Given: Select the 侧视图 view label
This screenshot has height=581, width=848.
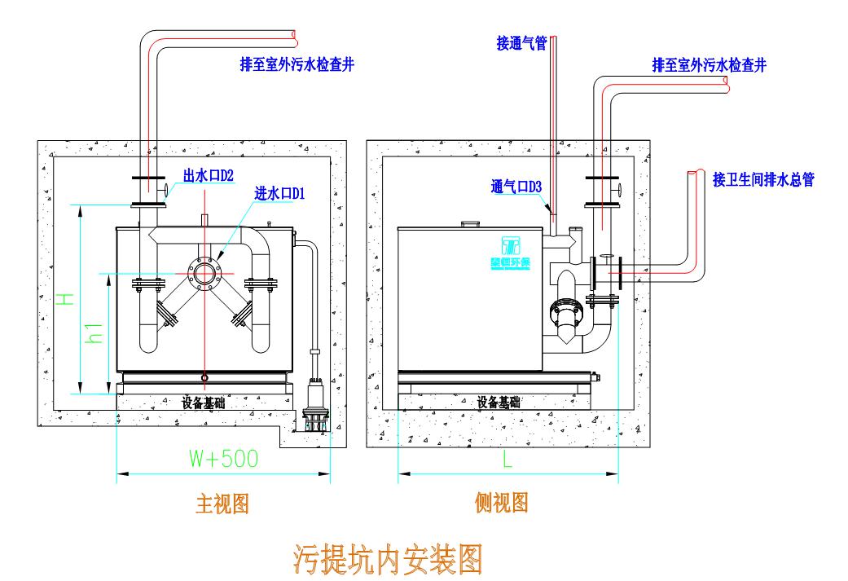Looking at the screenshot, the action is coord(501,503).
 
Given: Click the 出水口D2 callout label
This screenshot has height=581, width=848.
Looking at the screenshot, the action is coord(208,175).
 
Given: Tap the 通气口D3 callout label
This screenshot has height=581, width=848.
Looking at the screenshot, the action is coord(516,187).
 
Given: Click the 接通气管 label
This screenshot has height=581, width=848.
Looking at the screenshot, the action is coord(521,42).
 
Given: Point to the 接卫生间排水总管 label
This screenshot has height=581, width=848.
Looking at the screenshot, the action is coord(763,180).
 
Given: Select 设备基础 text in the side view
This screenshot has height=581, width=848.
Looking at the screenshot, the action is coord(499,402).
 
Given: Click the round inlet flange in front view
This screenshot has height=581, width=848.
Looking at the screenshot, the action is coord(204,272).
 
